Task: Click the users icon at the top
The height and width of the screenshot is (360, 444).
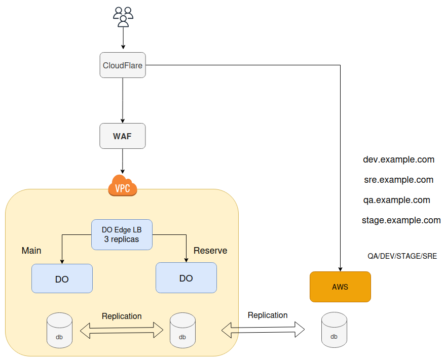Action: tap(123, 17)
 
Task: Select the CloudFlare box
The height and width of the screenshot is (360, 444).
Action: tap(123, 65)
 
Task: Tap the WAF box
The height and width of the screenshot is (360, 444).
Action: tap(123, 136)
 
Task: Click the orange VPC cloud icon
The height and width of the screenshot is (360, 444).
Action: tap(123, 186)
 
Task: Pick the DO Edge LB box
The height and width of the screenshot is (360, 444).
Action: tap(122, 234)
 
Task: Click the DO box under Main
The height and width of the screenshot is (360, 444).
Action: tap(62, 278)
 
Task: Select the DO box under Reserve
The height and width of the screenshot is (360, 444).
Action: tap(186, 277)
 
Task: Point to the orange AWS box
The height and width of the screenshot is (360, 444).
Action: tap(340, 287)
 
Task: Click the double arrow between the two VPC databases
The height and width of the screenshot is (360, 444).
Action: tap(122, 331)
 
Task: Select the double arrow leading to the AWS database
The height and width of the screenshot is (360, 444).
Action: tap(263, 331)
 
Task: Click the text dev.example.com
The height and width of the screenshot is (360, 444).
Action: tap(398, 159)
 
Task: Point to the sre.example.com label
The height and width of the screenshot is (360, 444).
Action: tap(398, 180)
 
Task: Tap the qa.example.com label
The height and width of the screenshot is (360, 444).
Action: tap(396, 200)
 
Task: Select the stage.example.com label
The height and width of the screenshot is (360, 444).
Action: tap(401, 220)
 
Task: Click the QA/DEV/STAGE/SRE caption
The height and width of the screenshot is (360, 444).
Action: tap(402, 256)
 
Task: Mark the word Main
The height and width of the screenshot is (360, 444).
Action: tap(31, 251)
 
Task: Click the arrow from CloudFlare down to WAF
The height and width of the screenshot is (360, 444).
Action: tap(123, 100)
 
